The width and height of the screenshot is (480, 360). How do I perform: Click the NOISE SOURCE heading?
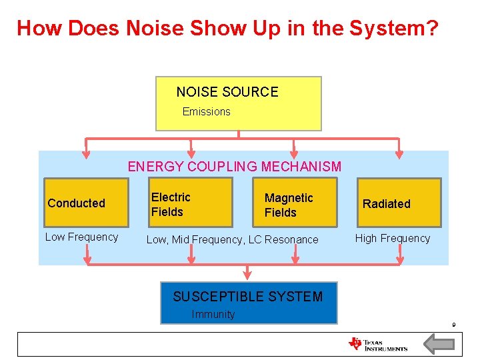pyautogui.click(x=227, y=92)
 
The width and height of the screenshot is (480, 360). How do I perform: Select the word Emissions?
pyautogui.click(x=207, y=111)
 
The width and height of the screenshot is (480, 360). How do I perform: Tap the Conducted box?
pyautogui.click(x=85, y=203)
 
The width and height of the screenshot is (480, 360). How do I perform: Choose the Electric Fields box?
pyautogui.click(x=191, y=203)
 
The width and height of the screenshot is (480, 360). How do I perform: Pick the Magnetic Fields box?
pyautogui.click(x=294, y=203)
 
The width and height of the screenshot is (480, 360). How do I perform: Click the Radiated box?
pyautogui.click(x=399, y=203)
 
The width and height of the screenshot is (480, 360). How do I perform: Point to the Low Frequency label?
pyautogui.click(x=81, y=237)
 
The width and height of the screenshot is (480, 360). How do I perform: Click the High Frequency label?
pyautogui.click(x=393, y=238)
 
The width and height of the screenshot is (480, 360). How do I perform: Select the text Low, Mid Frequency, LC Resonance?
pyautogui.click(x=233, y=239)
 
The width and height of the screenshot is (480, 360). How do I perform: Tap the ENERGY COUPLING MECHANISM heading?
pyautogui.click(x=235, y=167)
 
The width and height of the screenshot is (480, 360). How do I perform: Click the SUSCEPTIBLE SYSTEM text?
pyautogui.click(x=247, y=297)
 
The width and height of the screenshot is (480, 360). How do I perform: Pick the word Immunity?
pyautogui.click(x=213, y=314)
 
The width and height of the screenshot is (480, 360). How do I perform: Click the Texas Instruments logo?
pyautogui.click(x=378, y=344)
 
